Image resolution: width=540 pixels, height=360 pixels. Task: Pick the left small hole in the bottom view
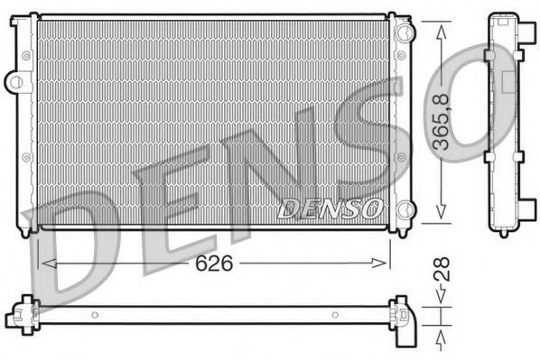click(x=95, y=314)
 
